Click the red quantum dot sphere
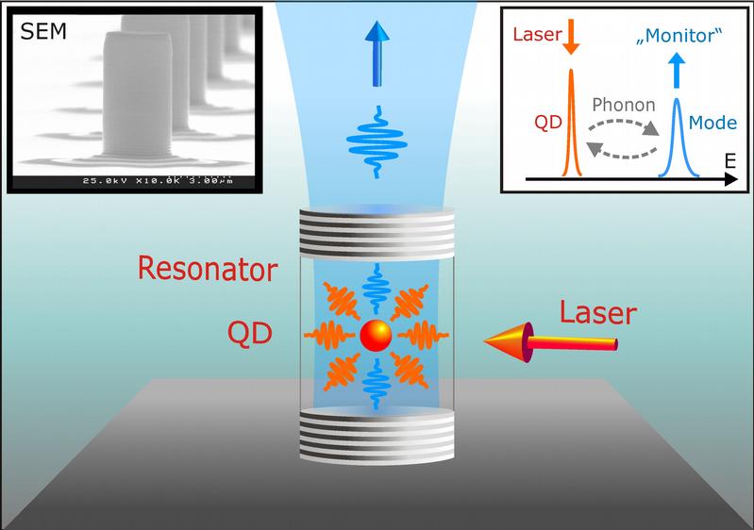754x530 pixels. pyautogui.click(x=377, y=336)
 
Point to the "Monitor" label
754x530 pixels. pyautogui.click(x=679, y=37)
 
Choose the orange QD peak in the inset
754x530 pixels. pyautogui.click(x=571, y=123)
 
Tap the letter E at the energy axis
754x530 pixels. pyautogui.click(x=729, y=162)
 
